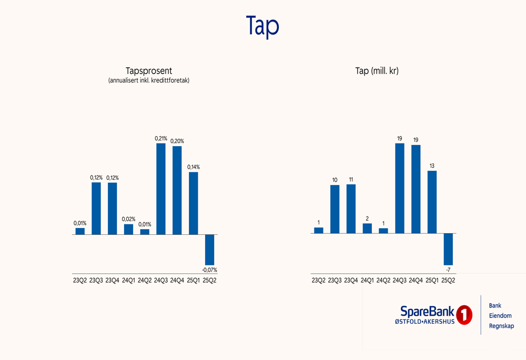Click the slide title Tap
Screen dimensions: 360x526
(262, 26)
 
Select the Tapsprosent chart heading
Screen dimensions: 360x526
(149, 71)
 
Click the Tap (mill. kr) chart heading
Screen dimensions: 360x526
(377, 71)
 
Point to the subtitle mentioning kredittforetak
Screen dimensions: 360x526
(149, 81)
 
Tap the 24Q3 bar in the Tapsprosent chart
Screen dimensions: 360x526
(161, 189)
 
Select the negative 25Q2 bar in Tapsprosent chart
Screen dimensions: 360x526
(209, 250)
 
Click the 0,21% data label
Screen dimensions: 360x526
(161, 139)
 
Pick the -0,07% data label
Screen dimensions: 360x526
(209, 270)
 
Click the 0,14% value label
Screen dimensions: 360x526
(193, 167)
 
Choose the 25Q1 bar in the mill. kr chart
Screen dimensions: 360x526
(432, 202)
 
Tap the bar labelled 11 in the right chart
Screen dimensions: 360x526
(351, 209)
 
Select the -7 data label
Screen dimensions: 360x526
(448, 270)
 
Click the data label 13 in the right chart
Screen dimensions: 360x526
(432, 166)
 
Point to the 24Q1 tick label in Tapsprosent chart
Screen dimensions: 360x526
(128, 281)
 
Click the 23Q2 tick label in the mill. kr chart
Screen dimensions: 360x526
(318, 281)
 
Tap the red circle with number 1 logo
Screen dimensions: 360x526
(463, 315)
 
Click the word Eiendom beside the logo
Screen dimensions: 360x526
(500, 316)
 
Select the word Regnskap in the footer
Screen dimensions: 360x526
(501, 326)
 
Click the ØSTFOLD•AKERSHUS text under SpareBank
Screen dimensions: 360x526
(424, 322)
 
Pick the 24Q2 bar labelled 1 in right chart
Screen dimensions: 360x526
(383, 231)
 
